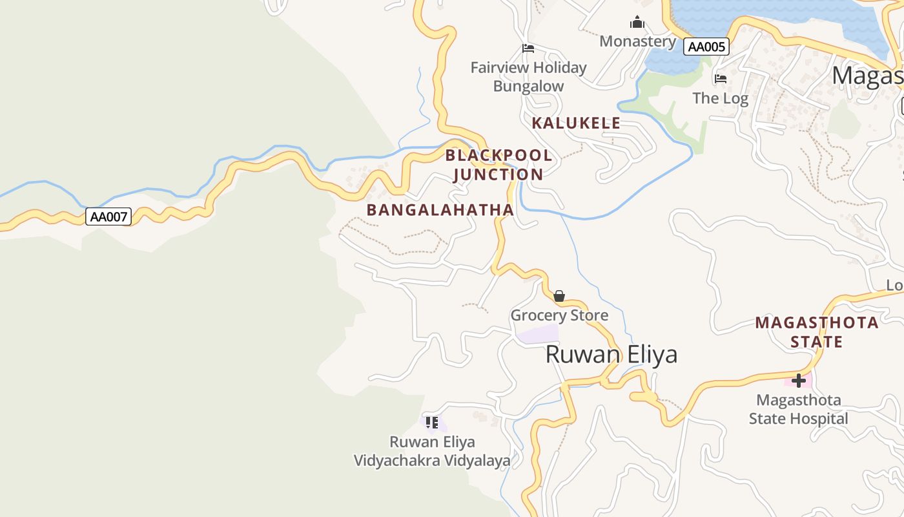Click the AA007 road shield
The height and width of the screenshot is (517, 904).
[x=108, y=216]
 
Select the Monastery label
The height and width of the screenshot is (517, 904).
[x=637, y=41]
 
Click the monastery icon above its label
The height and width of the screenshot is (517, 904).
[x=637, y=23]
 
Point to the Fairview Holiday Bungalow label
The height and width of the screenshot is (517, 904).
[x=528, y=76]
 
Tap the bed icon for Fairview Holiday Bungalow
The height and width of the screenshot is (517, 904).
[x=528, y=48]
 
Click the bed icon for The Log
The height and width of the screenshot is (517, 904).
[x=721, y=79]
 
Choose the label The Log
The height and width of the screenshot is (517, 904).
[x=720, y=98]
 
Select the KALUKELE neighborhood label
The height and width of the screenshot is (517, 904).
[x=576, y=123]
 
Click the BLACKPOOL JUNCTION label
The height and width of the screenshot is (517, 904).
[x=498, y=165]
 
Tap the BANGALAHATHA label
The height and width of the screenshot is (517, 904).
[x=440, y=209]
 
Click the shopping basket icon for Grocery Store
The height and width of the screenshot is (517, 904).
[x=559, y=296]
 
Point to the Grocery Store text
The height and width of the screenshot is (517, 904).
[x=559, y=315]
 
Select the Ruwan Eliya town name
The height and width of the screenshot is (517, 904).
[x=611, y=354]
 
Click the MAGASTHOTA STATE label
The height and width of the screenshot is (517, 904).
[x=817, y=332]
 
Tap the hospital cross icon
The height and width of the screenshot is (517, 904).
[x=799, y=380]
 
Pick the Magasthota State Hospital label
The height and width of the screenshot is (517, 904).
[x=799, y=409]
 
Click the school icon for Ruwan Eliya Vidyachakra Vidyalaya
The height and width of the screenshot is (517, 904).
[x=432, y=423]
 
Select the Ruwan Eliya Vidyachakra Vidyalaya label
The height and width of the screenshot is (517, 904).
[x=432, y=451]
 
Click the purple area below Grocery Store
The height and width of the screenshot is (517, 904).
[x=537, y=334]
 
